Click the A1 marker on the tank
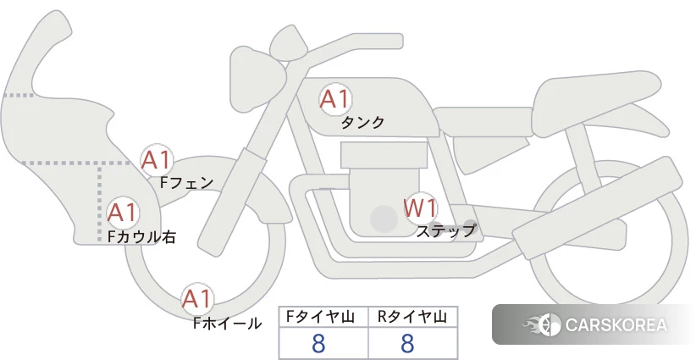(334, 99)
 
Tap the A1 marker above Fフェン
(156, 160)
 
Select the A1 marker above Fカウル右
(123, 213)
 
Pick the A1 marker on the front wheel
(196, 298)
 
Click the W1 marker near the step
(420, 208)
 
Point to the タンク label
(362, 123)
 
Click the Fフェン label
(186, 182)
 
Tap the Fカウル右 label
(141, 236)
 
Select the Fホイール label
(227, 324)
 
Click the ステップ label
(445, 231)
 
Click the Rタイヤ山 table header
(412, 317)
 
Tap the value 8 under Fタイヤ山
(318, 343)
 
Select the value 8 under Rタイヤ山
(407, 343)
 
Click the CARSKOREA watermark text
(616, 324)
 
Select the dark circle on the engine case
(384, 219)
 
